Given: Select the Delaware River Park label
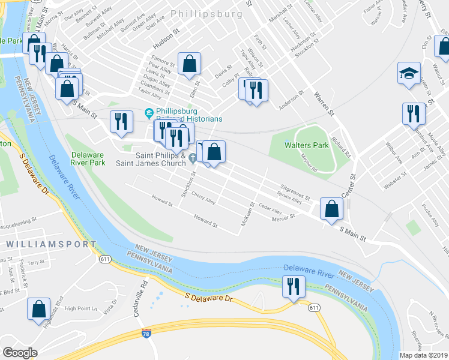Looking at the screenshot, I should click(88, 158).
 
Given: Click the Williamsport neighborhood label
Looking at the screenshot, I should click(51, 244).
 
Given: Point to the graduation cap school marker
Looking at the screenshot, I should click(409, 74).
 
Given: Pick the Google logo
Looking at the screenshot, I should click(20, 353).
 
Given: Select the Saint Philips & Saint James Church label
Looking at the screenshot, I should click(152, 158).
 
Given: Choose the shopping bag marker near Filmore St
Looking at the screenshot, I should click(189, 63).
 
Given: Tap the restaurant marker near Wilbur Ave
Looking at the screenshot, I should click(413, 113).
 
